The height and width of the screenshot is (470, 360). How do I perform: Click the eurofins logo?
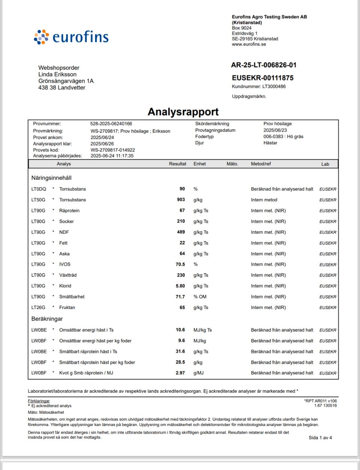tap(71, 37)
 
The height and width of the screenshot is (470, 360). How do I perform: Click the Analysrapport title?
tap(183, 112)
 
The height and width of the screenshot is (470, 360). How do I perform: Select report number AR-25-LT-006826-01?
tap(264, 65)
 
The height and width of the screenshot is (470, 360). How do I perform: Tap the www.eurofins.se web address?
tap(249, 44)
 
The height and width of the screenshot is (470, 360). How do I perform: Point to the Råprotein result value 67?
tap(182, 210)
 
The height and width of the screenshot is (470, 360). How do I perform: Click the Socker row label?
tap(66, 221)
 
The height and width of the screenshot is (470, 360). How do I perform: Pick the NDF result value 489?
tap(181, 232)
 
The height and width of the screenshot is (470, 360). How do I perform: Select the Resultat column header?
tap(177, 164)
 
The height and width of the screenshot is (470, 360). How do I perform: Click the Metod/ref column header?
tap(261, 164)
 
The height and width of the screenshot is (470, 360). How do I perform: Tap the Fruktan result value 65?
tap(182, 308)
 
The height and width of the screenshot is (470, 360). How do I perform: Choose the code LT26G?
tap(38, 308)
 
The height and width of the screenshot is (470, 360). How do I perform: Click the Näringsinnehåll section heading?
tap(51, 178)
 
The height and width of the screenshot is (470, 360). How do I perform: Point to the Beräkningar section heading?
tap(47, 319)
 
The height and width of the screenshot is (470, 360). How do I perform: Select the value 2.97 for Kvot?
tap(180, 373)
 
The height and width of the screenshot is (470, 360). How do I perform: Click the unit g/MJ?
tap(198, 373)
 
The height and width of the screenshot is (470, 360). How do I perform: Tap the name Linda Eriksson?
tap(57, 74)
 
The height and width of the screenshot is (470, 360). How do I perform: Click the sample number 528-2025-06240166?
tap(111, 123)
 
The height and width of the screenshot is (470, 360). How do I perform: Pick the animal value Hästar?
tap(270, 143)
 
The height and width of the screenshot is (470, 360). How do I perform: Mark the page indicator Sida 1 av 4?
tap(320, 437)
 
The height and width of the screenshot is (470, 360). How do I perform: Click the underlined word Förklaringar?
tap(39, 401)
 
